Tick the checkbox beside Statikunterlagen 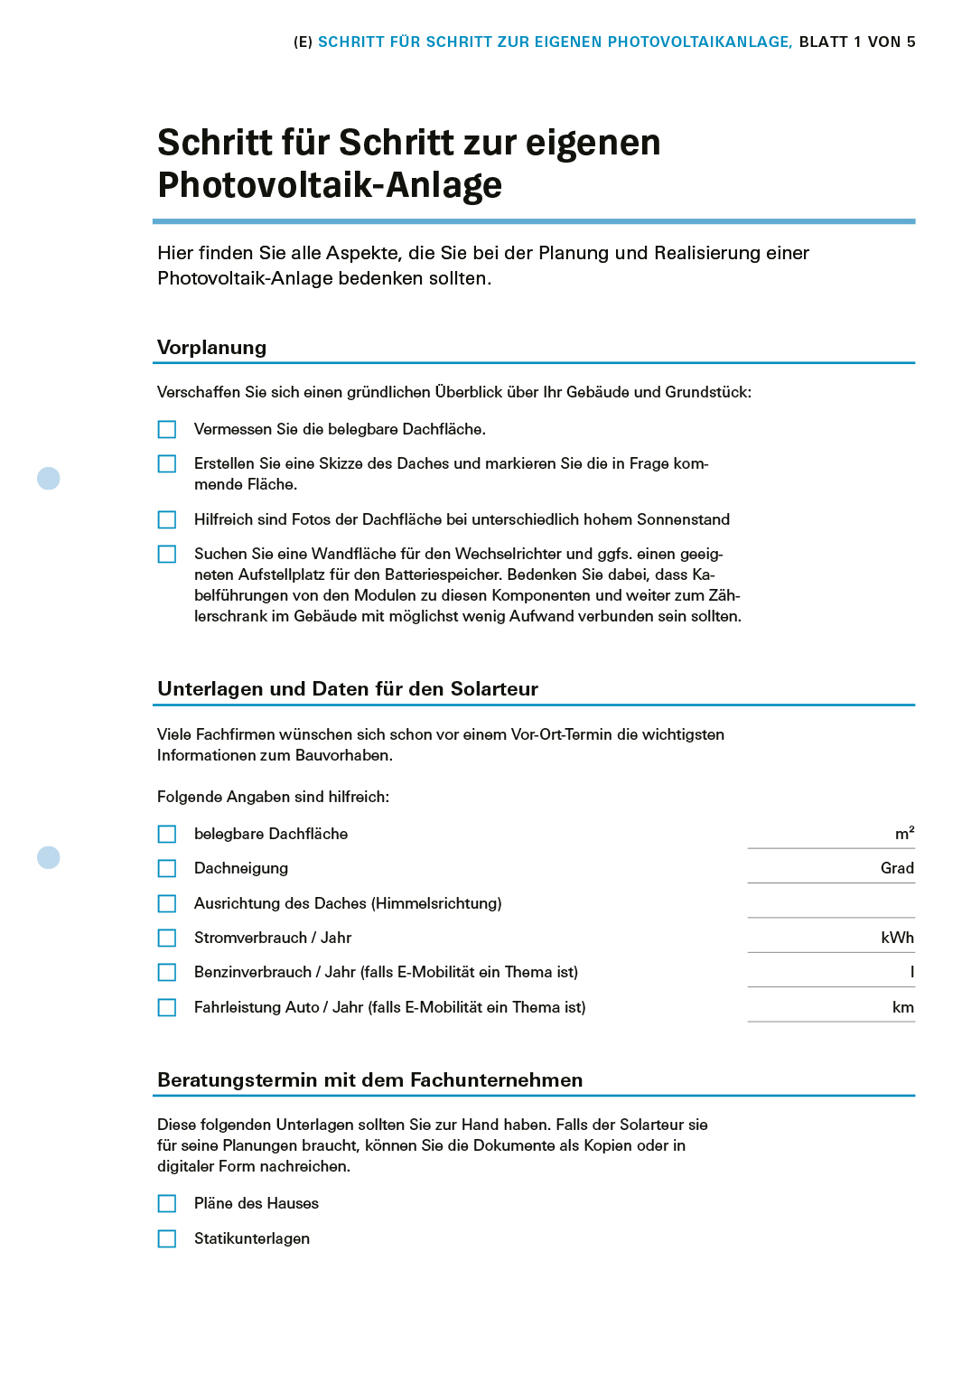167,1238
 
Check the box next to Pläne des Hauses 167,1203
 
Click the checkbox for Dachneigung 167,868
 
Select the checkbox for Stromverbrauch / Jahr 167,938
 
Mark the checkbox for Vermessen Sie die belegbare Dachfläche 167,429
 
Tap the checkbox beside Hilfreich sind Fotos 167,519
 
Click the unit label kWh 897,938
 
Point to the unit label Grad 897,868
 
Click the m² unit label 904,834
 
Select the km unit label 903,1007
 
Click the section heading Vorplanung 211,348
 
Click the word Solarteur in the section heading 494,689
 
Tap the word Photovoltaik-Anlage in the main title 330,185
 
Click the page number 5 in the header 910,42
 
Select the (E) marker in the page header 303,42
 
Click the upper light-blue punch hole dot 49,478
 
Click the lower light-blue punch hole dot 49,857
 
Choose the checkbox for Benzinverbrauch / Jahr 167,972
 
